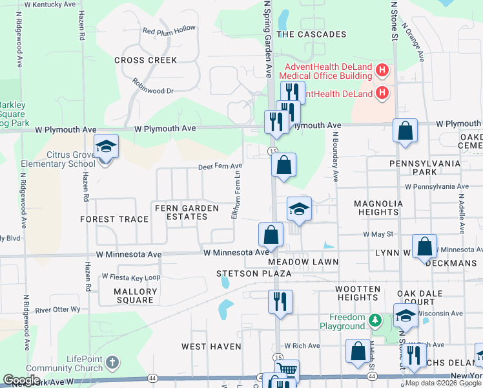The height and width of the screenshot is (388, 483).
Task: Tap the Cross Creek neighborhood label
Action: click(x=145, y=60)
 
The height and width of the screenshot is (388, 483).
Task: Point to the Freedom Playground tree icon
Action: click(x=375, y=320)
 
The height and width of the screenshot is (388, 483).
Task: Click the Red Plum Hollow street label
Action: click(x=169, y=30)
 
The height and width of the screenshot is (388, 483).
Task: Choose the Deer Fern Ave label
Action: click(x=220, y=167)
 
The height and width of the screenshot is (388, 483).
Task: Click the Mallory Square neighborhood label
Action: click(x=135, y=296)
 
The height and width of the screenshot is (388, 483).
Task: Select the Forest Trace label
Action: click(x=114, y=219)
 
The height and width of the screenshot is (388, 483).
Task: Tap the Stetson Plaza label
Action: click(x=254, y=274)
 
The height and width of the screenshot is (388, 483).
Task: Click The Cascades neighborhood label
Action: click(x=311, y=34)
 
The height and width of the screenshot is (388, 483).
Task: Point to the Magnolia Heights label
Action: click(x=378, y=208)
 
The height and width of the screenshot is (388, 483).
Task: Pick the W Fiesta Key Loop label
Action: click(x=131, y=277)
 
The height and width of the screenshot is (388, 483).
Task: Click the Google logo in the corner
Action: click(x=22, y=380)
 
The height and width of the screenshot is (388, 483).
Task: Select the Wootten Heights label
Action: click(x=357, y=293)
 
